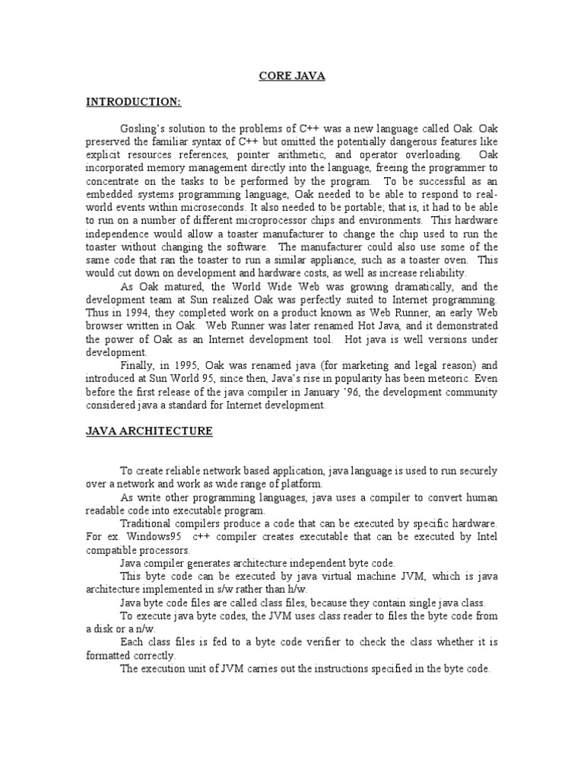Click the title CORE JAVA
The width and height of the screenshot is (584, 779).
tap(292, 76)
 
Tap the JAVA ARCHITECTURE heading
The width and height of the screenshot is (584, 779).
tap(149, 431)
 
